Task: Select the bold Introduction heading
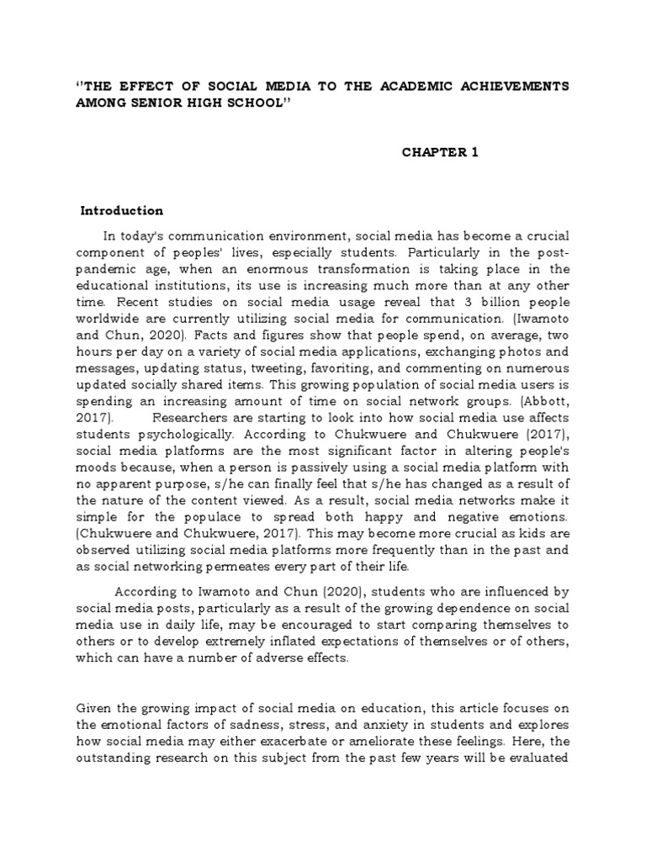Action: pyautogui.click(x=121, y=210)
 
